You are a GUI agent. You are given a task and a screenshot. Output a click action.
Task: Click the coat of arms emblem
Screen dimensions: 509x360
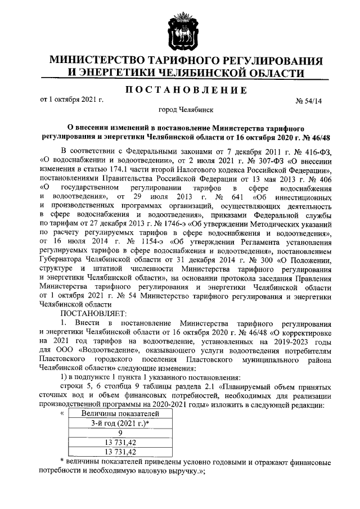pos(179,31)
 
